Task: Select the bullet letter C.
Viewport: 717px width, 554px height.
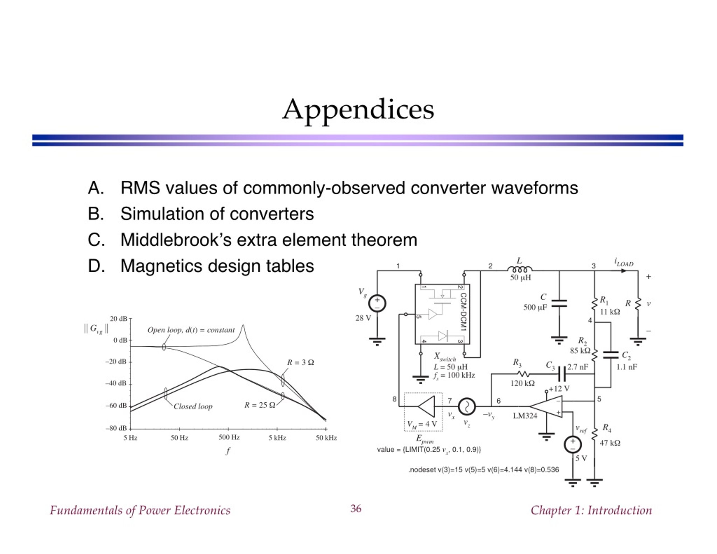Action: click(x=96, y=240)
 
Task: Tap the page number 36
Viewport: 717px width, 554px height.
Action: click(x=356, y=509)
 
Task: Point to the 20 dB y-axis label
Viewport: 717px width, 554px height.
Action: click(x=118, y=318)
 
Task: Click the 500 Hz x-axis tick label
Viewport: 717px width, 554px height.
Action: click(x=229, y=437)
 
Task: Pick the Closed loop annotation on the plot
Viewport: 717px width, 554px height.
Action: click(x=193, y=407)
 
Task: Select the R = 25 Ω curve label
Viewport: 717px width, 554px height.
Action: click(x=260, y=405)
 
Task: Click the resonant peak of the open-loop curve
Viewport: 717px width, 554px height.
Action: click(x=243, y=325)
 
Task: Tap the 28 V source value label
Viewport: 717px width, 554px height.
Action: click(x=363, y=318)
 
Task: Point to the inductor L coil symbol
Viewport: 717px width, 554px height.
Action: click(x=520, y=270)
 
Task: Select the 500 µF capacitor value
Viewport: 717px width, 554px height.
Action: click(x=535, y=307)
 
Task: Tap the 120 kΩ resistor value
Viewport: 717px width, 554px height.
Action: click(x=523, y=383)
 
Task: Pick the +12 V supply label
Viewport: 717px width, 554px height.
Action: click(x=559, y=388)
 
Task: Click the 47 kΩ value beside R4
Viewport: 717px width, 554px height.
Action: click(x=610, y=443)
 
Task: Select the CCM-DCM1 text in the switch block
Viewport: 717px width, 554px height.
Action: click(x=463, y=312)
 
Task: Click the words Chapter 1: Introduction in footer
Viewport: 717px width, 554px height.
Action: click(x=591, y=510)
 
